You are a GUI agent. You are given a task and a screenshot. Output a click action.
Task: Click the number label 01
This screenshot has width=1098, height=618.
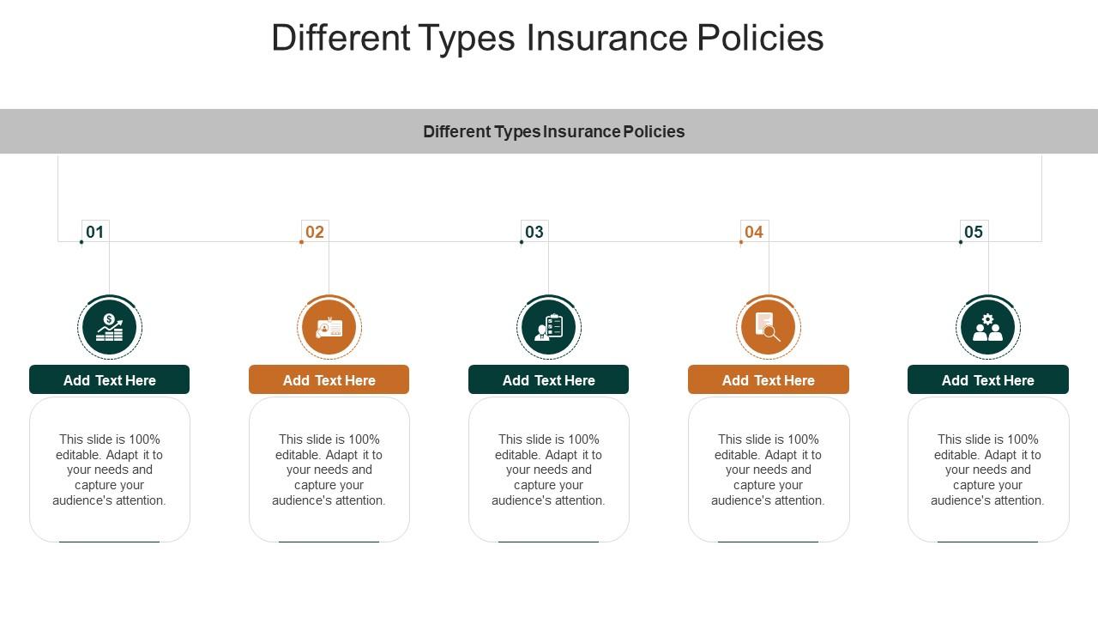95,232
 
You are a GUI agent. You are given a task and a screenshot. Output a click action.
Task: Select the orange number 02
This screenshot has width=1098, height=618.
315,232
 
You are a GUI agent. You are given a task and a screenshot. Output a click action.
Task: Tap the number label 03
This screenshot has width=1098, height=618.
534,232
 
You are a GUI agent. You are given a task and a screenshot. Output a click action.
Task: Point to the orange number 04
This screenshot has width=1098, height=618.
754,232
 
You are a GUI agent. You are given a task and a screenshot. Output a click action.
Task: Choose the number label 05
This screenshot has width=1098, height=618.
974,232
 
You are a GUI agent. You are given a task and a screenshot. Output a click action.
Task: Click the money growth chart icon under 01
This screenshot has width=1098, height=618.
110,327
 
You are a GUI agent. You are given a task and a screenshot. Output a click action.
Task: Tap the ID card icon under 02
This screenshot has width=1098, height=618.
329,327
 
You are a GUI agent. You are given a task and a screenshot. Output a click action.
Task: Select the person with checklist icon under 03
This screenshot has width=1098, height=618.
549,327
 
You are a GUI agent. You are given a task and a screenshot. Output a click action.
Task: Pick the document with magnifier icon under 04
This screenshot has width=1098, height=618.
769,327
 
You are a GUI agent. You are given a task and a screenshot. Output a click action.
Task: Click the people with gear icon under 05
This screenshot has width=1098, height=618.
988,327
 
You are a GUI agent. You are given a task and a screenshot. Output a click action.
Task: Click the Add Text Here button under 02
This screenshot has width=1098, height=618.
329,380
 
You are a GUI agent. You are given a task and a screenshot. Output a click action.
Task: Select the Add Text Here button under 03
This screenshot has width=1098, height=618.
549,380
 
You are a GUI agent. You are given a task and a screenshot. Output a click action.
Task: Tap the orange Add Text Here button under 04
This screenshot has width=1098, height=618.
769,380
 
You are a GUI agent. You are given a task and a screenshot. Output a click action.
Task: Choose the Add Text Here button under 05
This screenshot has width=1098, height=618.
988,380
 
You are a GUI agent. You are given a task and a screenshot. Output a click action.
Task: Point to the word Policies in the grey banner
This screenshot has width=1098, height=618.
654,131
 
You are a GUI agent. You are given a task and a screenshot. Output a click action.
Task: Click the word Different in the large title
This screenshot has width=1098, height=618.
341,38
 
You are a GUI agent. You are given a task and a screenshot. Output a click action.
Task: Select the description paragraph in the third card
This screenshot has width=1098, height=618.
549,470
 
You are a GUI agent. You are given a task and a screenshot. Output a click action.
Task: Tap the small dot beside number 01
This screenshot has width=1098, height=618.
81,242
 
